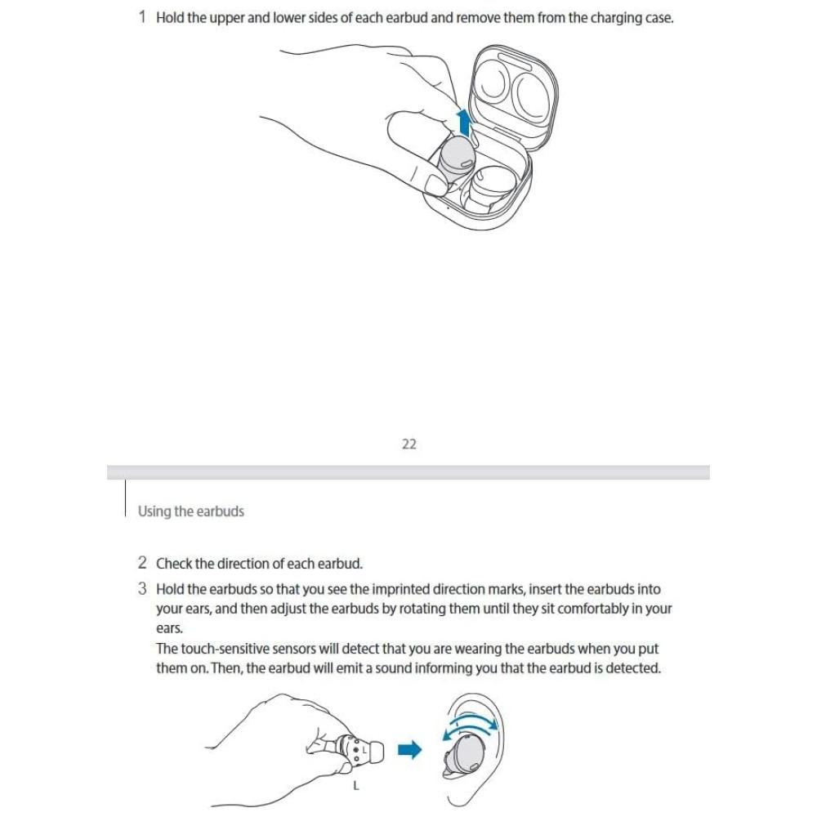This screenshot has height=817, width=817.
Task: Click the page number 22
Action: click(x=409, y=444)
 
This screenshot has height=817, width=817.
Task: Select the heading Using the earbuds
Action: click(x=191, y=511)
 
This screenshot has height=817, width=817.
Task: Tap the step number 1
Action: click(x=142, y=17)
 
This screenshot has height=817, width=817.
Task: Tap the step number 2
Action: click(x=142, y=563)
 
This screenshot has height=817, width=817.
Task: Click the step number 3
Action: click(x=142, y=588)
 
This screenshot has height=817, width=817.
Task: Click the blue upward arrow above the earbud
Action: click(x=464, y=123)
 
